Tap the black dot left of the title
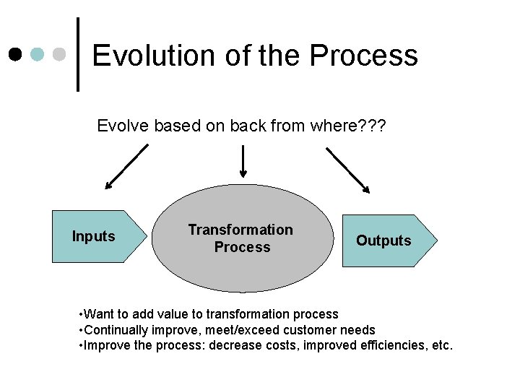click(14, 54)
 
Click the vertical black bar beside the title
click(78, 54)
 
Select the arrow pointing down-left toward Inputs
click(126, 166)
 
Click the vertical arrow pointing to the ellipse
click(243, 160)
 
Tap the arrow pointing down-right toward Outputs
click(348, 170)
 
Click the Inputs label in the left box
click(93, 236)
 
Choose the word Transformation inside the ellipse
click(240, 230)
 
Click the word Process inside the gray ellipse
click(242, 247)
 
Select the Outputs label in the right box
click(383, 240)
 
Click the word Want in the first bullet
click(98, 314)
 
